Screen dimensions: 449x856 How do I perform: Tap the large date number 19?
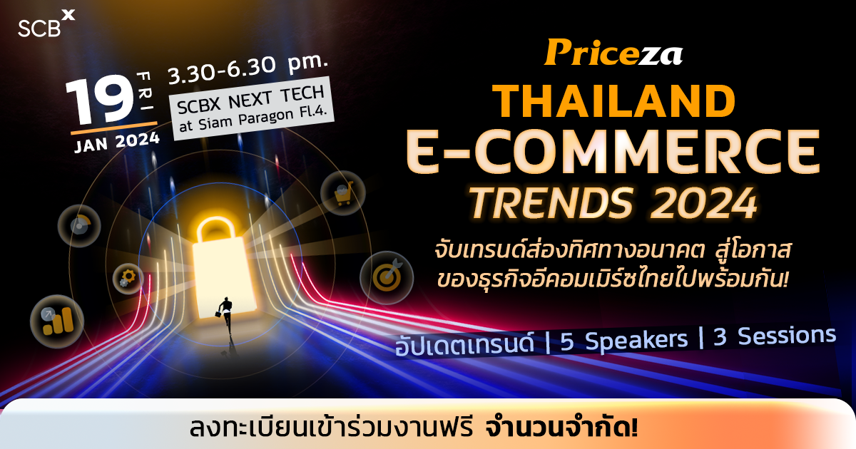coord(99,101)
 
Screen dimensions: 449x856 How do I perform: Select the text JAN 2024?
coord(114,140)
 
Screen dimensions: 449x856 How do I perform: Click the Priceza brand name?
coord(613,53)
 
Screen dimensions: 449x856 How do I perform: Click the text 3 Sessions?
coord(775,335)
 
